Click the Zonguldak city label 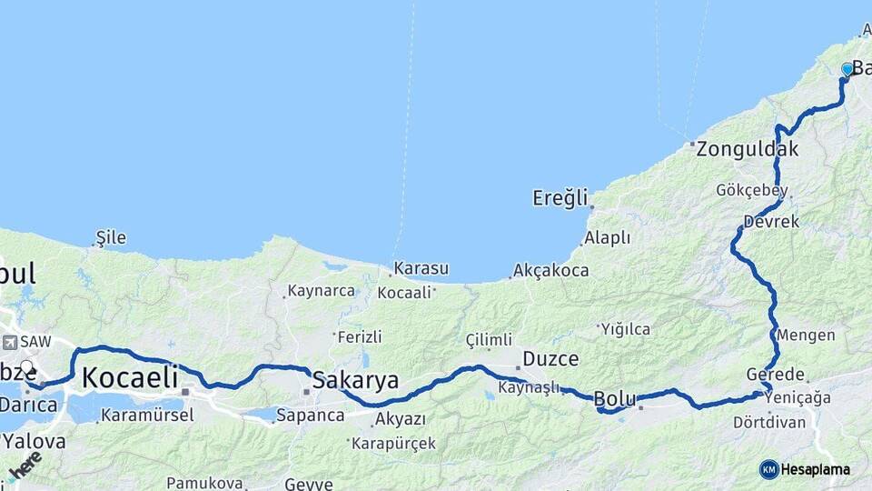pos(748,149)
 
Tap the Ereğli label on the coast pos(560,197)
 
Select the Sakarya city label pos(355,379)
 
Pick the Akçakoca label pos(550,270)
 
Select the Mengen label pos(806,335)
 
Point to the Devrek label pos(770,222)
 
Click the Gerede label pos(775,375)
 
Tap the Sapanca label pos(311,416)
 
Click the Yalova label pos(34,442)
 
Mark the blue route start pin pos(847,69)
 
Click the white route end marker pos(26,368)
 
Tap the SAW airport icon pos(10,343)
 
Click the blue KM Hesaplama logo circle pos(768,469)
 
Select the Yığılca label pos(626,329)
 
